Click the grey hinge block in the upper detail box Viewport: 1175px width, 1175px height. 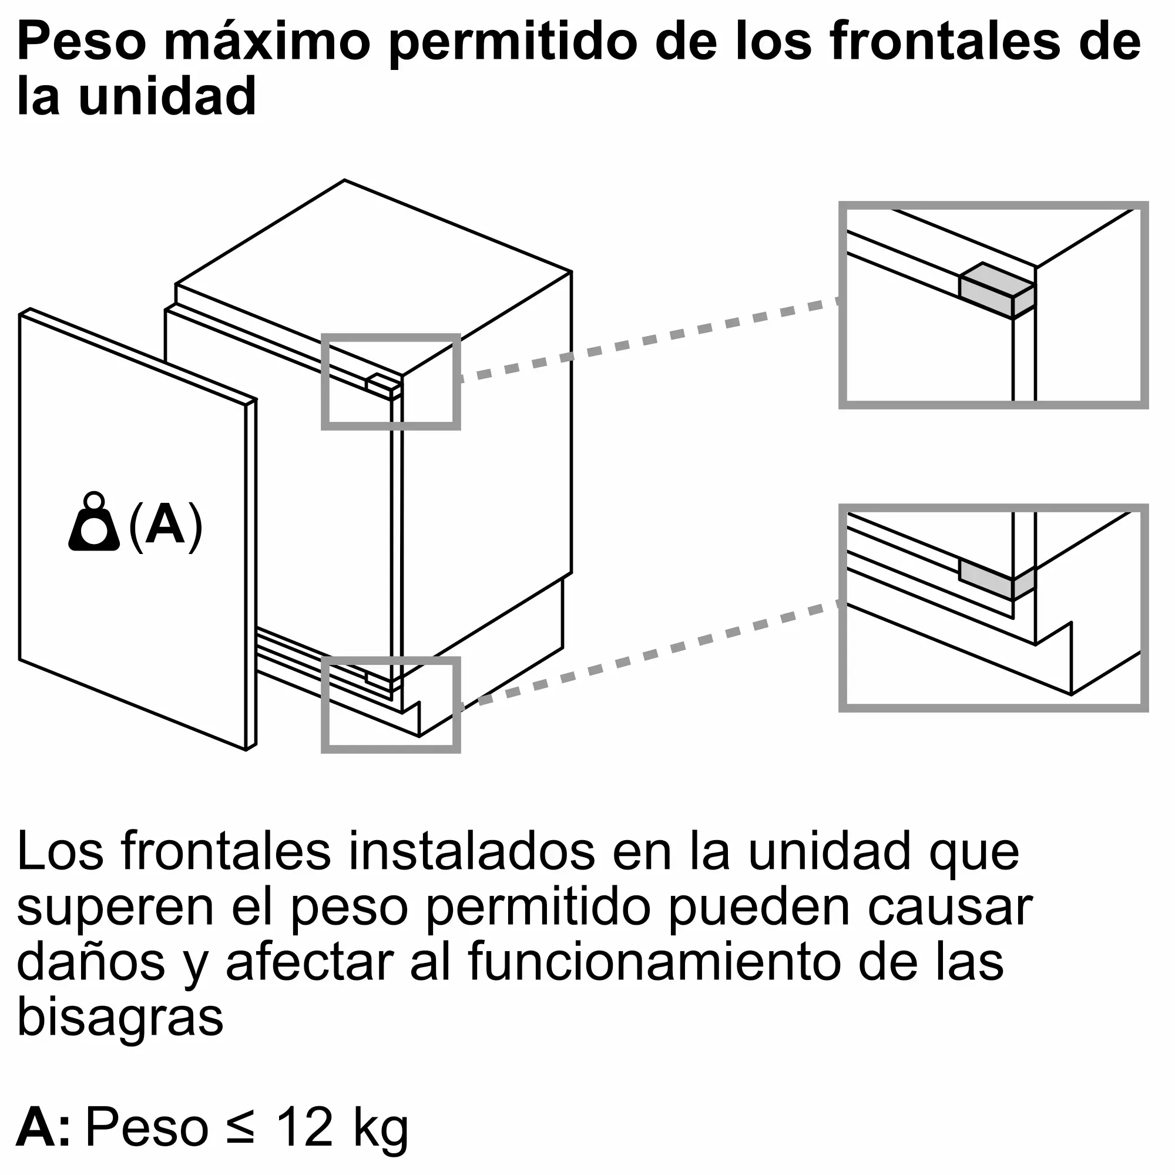point(997,290)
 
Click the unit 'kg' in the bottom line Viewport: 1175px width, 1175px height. point(381,1130)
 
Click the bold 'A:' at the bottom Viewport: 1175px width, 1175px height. point(42,1126)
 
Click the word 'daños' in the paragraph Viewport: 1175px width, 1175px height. point(91,962)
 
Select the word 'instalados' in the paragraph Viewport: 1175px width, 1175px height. point(472,851)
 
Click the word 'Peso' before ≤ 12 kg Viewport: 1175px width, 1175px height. point(147,1126)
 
